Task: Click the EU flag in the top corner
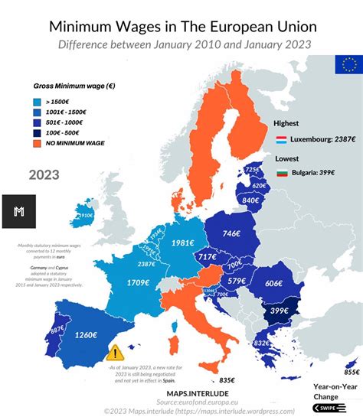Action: (x=348, y=65)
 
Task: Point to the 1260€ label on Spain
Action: (x=86, y=334)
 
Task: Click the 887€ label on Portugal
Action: (x=36, y=330)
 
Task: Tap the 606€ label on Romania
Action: (x=273, y=283)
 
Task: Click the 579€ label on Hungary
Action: (x=237, y=281)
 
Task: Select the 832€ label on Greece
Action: (x=261, y=343)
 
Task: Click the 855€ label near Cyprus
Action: (x=351, y=372)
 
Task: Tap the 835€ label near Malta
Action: (x=227, y=379)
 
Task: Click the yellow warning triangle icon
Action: (x=116, y=352)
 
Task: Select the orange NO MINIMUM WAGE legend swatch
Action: (x=37, y=142)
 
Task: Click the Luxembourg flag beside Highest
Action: (x=282, y=140)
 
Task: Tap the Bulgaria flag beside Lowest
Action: (x=282, y=174)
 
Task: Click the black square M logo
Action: (x=18, y=211)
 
